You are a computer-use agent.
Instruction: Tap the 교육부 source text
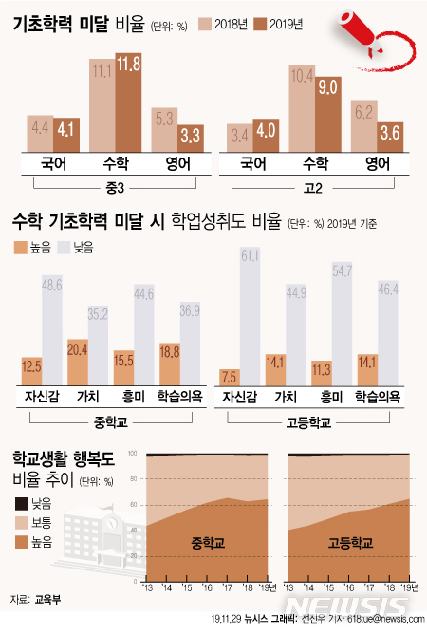[45, 600]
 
